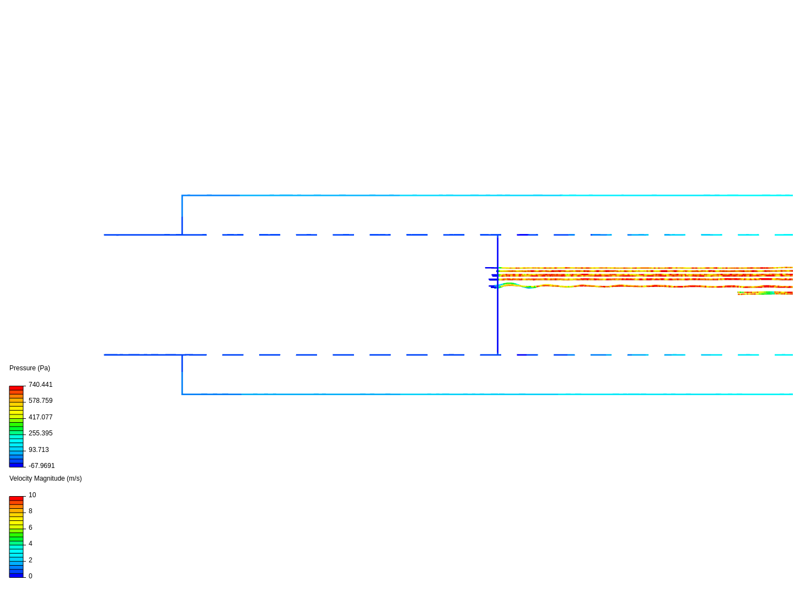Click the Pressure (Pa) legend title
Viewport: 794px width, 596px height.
click(x=30, y=368)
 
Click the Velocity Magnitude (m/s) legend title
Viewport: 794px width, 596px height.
click(x=45, y=478)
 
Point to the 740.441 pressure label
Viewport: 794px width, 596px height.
click(x=40, y=385)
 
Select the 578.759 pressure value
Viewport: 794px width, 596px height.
click(x=40, y=401)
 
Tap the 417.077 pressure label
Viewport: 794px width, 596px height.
click(x=40, y=417)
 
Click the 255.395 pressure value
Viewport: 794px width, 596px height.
click(x=40, y=433)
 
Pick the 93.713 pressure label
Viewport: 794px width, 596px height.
click(x=39, y=450)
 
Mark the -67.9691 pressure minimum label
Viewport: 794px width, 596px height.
click(x=41, y=466)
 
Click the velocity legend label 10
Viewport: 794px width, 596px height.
click(x=32, y=495)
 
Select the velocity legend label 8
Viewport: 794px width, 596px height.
click(x=30, y=511)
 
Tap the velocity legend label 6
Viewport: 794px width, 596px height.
click(x=30, y=528)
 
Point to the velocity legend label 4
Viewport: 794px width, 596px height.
click(x=30, y=544)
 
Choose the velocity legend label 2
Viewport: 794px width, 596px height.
click(x=30, y=560)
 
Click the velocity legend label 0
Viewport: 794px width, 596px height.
click(x=30, y=576)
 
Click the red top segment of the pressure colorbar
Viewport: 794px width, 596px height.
click(x=16, y=388)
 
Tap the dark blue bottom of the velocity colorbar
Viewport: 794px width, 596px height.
click(x=16, y=575)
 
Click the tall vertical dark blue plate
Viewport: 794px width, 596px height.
click(x=497, y=320)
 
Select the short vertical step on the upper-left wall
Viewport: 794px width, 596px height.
click(x=182, y=215)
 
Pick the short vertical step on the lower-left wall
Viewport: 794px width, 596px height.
click(x=182, y=374)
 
